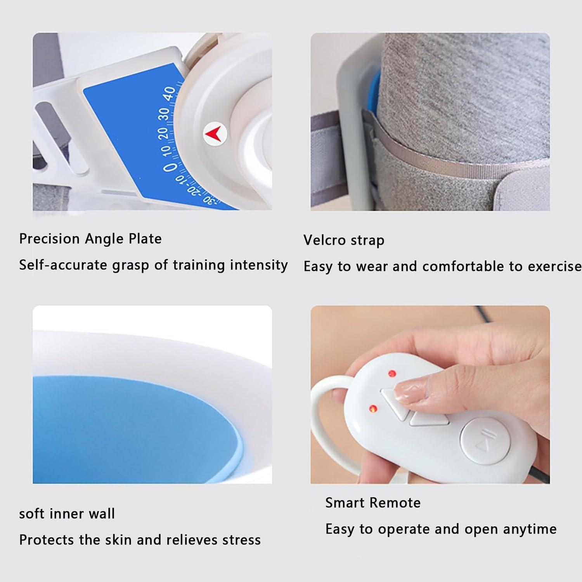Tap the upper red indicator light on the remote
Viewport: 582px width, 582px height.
coord(392,374)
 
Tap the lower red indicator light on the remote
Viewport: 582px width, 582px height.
coord(373,409)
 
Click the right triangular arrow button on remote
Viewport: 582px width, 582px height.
coord(429,418)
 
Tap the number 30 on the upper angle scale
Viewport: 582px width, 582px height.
coord(165,114)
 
